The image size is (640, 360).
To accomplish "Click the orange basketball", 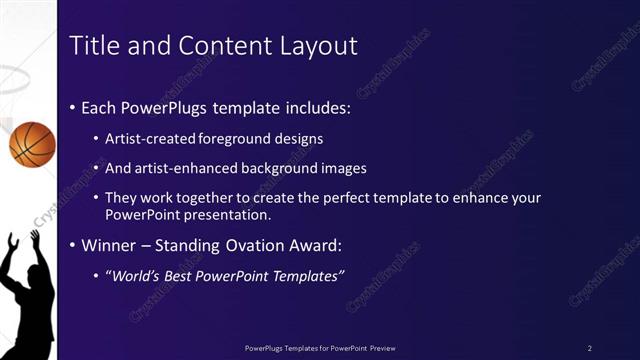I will pyautogui.click(x=32, y=143).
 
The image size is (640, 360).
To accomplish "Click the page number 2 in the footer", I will pyautogui.click(x=590, y=347).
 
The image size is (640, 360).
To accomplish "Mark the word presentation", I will pyautogui.click(x=239, y=214).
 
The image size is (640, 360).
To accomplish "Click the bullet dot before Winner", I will pyautogui.click(x=73, y=245).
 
